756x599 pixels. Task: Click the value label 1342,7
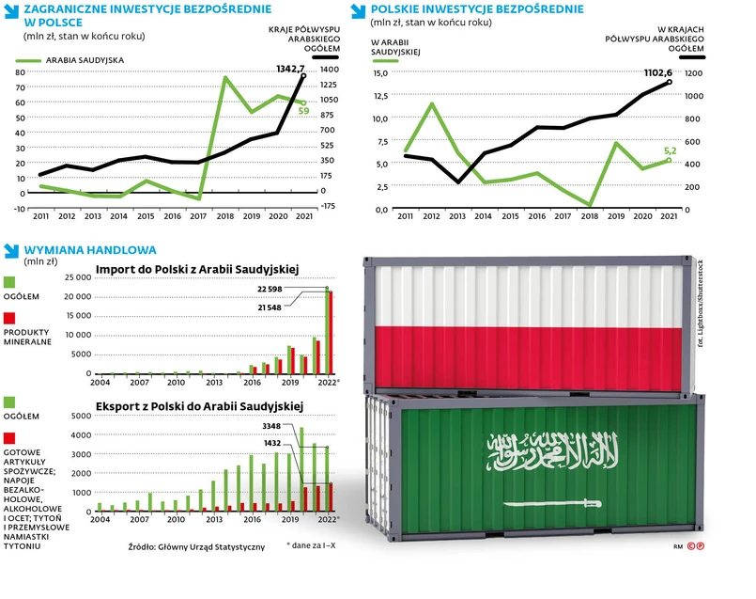point(291,69)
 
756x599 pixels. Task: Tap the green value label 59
point(303,111)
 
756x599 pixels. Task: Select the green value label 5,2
point(670,150)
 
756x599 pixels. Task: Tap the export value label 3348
point(271,426)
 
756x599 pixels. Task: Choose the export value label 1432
point(271,442)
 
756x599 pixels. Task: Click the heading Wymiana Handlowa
point(89,250)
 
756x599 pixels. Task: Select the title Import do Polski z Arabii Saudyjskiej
point(196,270)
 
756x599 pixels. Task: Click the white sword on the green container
point(550,503)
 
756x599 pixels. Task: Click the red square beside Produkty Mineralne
point(10,321)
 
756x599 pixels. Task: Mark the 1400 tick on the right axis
point(328,70)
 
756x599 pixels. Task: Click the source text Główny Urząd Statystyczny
point(196,546)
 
